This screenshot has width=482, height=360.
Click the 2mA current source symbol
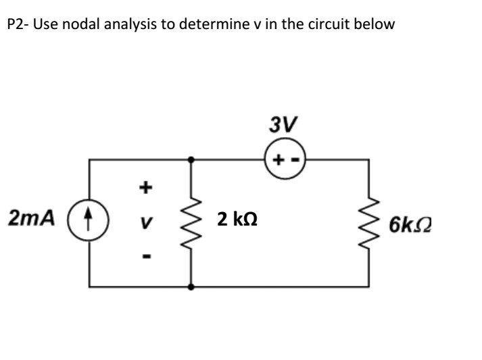pyautogui.click(x=90, y=222)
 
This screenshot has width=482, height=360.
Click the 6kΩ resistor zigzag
pyautogui.click(x=369, y=222)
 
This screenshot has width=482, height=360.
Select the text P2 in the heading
pyautogui.click(x=14, y=26)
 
